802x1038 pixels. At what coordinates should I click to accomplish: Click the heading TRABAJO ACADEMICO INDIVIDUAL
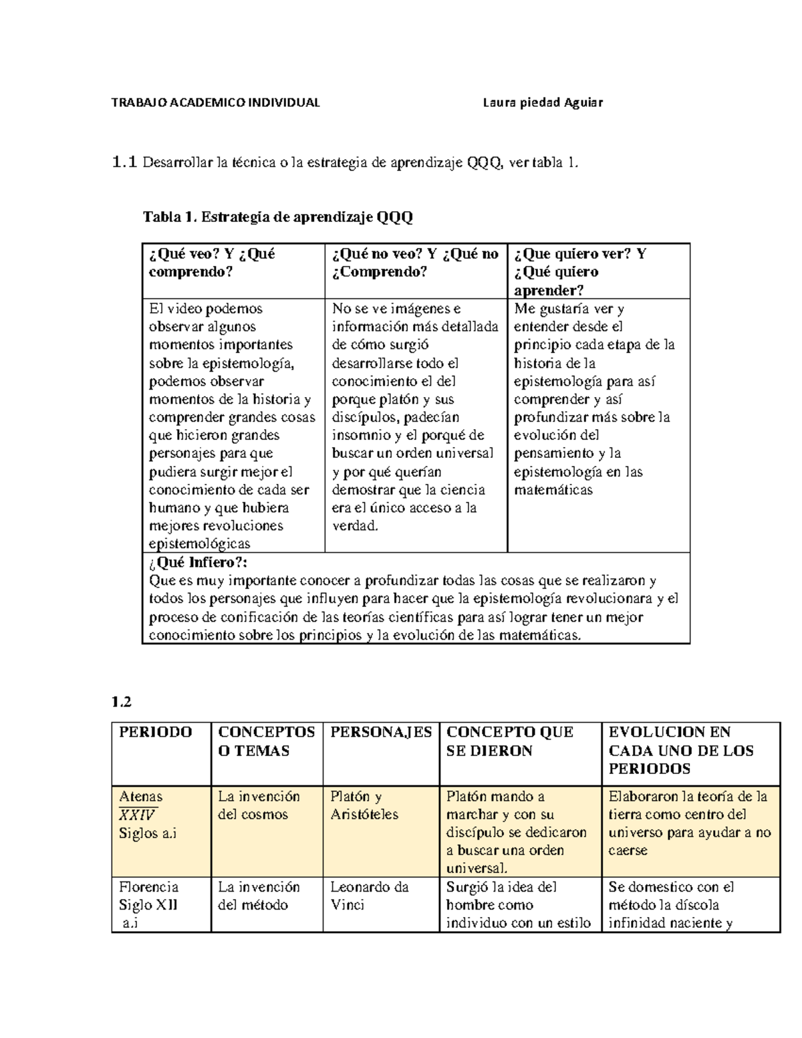[215, 102]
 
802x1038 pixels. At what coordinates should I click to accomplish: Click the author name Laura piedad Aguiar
[543, 102]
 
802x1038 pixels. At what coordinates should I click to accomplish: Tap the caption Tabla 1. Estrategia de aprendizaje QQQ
[278, 217]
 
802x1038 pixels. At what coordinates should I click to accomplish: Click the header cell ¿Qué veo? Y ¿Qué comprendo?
[212, 263]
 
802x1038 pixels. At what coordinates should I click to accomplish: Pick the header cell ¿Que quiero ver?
[579, 254]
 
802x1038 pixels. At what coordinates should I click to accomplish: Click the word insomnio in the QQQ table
[361, 435]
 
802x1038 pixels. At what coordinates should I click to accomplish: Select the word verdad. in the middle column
[355, 526]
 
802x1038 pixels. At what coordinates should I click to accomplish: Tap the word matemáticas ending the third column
[553, 490]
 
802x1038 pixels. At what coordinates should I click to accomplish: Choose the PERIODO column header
[155, 732]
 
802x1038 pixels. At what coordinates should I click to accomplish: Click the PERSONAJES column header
[381, 732]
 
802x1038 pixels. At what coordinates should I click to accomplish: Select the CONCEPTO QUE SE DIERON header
[509, 741]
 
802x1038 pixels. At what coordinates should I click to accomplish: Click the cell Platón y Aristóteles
[364, 805]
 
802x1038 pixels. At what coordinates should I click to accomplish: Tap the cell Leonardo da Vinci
[369, 896]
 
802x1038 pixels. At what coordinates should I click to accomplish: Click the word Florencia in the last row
[148, 887]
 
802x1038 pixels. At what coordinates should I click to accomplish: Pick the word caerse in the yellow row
[628, 851]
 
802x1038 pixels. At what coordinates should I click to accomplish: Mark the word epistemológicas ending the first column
[199, 543]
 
